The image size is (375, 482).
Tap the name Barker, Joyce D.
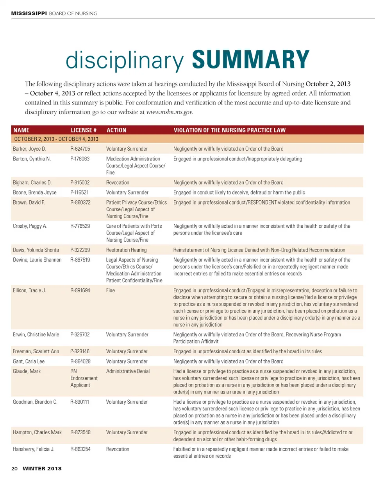(30, 149)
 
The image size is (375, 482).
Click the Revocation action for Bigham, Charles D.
(118, 183)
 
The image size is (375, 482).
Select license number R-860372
(80, 202)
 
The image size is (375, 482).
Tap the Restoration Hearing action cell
(127, 250)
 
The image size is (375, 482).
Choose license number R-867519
(80, 260)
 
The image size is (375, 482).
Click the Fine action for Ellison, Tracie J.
(111, 290)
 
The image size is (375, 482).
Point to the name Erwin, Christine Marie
(36, 335)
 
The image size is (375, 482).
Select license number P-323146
(80, 351)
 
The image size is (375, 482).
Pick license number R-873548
(80, 432)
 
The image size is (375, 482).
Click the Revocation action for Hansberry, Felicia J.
(118, 449)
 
